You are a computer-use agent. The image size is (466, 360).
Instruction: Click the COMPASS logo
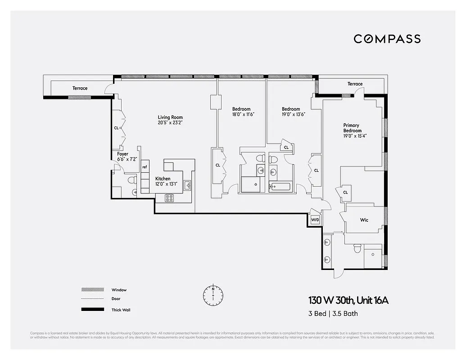coord(387,39)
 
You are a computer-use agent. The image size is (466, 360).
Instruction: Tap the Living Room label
coord(170,117)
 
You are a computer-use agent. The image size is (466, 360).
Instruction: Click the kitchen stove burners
coord(170,197)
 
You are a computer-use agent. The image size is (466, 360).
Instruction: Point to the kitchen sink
coord(187,185)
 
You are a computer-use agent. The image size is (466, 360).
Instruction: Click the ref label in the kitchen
coord(145,167)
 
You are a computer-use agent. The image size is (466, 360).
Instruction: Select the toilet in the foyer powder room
coord(131,180)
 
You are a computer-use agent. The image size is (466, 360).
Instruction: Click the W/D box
coord(315,220)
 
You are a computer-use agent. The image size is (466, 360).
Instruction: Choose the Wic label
coord(364,220)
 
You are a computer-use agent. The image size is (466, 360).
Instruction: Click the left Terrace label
coord(80,88)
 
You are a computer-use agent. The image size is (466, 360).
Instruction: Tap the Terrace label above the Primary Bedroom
coord(355,84)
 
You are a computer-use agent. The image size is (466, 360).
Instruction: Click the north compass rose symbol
coord(213,294)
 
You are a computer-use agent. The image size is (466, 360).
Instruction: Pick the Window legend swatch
coord(92,290)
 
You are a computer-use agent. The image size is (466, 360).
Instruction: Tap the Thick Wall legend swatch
coord(92,310)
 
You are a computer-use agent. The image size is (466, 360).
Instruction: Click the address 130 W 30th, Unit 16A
coord(348,300)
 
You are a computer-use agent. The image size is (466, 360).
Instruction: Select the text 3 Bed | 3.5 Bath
coord(333,314)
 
